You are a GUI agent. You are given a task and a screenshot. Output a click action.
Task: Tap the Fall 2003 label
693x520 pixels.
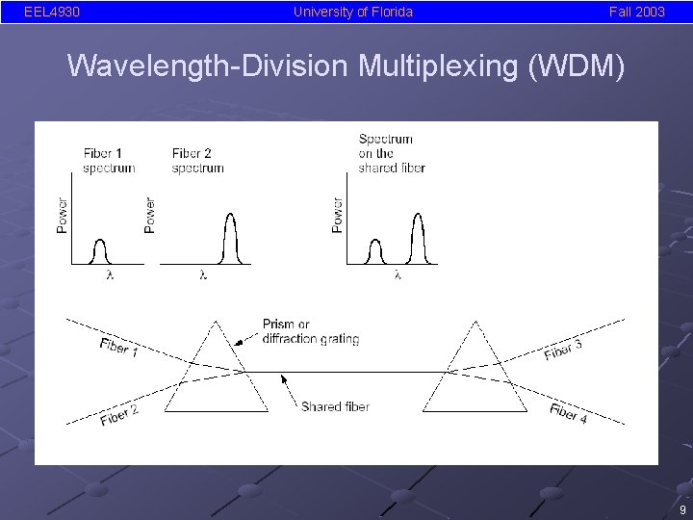coord(636,12)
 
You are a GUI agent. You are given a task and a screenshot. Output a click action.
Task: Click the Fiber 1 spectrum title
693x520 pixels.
coord(109,160)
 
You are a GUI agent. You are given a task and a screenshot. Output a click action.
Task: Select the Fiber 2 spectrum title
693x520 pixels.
coord(198,160)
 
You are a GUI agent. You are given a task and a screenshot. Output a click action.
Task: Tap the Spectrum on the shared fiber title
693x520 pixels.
coord(391,153)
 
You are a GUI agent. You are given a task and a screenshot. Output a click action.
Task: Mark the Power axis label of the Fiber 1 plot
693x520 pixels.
coord(63,215)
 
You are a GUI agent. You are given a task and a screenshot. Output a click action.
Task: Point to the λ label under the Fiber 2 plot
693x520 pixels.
coord(202,275)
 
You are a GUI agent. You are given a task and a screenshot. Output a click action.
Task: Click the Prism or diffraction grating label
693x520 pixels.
coord(310,331)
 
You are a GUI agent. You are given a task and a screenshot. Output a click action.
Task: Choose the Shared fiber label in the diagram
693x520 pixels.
coord(335,406)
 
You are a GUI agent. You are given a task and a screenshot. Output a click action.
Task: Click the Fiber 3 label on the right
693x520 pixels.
coord(563,350)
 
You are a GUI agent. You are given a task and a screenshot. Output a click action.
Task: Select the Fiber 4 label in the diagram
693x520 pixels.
coord(569,413)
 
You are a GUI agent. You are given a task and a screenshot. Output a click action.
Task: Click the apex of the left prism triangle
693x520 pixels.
coord(217,322)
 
